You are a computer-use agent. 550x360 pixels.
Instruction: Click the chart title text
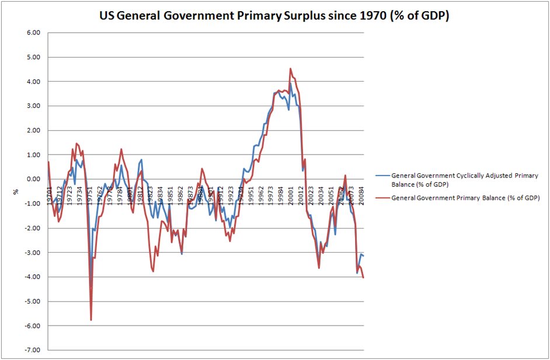pos(275,16)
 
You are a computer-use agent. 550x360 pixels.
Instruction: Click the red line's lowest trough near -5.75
pos(91,320)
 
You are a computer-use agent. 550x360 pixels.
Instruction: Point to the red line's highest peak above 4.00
pos(290,68)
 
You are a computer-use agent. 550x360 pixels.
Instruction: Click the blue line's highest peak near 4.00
pos(290,83)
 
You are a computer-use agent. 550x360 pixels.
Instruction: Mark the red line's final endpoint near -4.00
pos(364,277)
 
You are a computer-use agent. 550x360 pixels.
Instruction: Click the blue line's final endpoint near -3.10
pos(364,256)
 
